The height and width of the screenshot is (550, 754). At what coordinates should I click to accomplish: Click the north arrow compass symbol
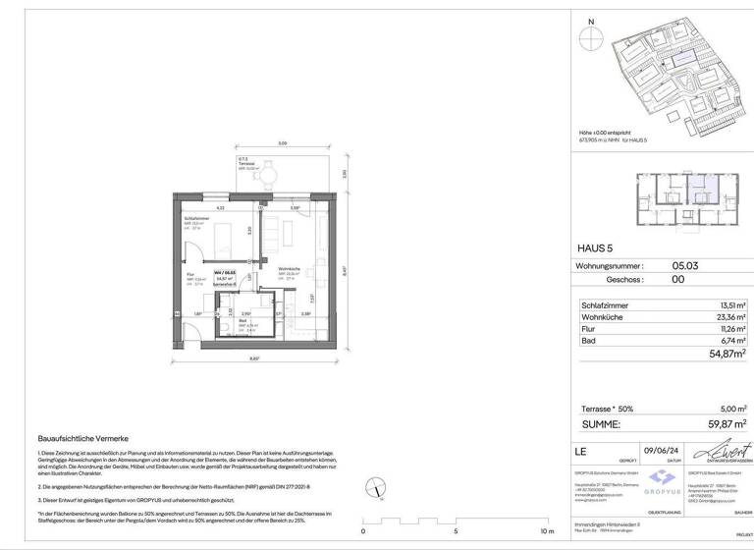[x=590, y=38]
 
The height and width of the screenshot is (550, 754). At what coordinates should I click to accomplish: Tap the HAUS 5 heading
[x=595, y=247]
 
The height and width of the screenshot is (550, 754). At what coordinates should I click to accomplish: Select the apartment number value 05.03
[x=684, y=265]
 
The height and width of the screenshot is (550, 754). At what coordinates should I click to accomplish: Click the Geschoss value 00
[x=678, y=279]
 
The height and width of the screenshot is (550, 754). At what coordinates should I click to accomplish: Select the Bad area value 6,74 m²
[x=729, y=341]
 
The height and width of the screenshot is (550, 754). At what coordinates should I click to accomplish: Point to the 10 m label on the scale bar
[x=548, y=531]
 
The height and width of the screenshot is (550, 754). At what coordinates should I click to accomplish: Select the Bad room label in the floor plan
[x=242, y=320]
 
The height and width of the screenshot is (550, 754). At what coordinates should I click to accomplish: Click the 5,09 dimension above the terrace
[x=282, y=143]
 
